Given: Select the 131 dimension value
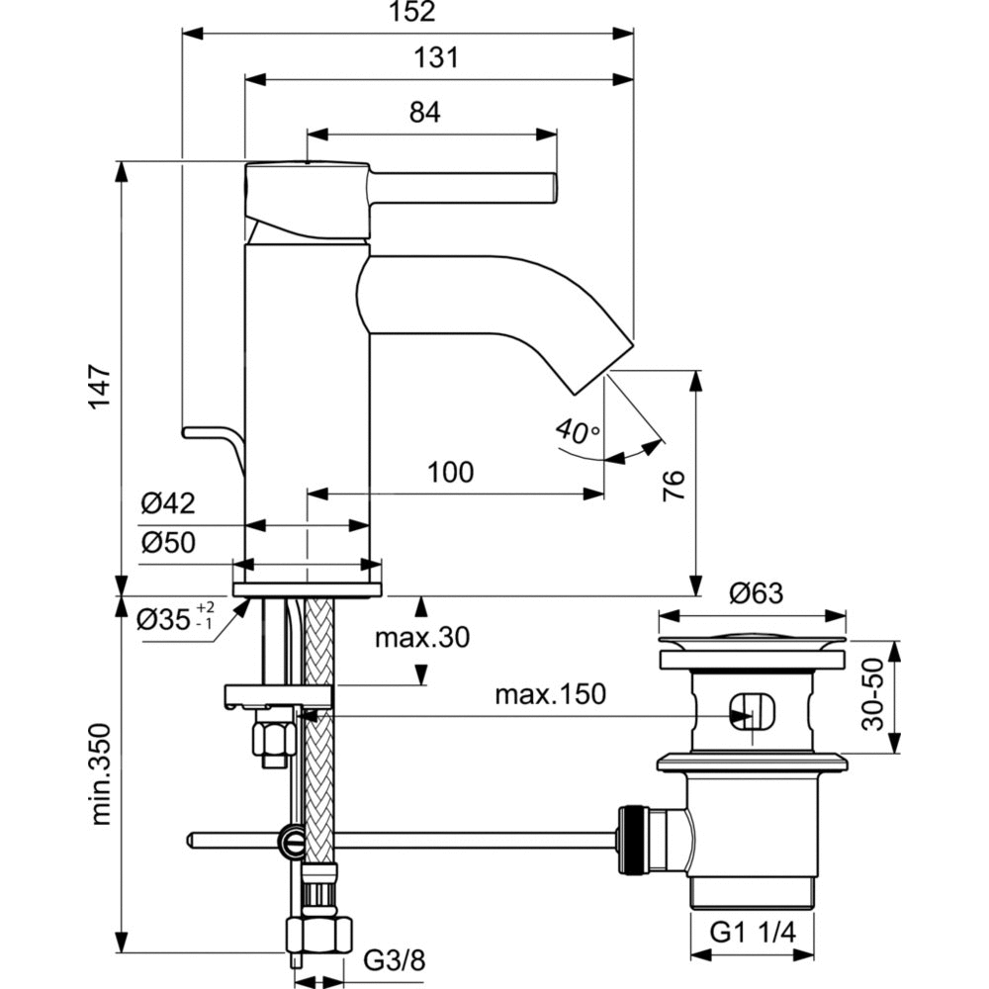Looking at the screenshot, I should pyautogui.click(x=437, y=58).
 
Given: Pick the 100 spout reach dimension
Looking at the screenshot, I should pyautogui.click(x=450, y=473).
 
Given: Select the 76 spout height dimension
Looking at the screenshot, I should pyautogui.click(x=672, y=485).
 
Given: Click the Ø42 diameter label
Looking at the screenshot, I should pyautogui.click(x=167, y=504).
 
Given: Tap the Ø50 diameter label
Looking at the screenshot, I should pyautogui.click(x=167, y=542).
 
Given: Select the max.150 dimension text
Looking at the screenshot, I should pyautogui.click(x=550, y=694).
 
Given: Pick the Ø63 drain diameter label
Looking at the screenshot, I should pyautogui.click(x=756, y=593).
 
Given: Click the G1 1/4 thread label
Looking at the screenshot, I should pyautogui.click(x=754, y=933).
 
